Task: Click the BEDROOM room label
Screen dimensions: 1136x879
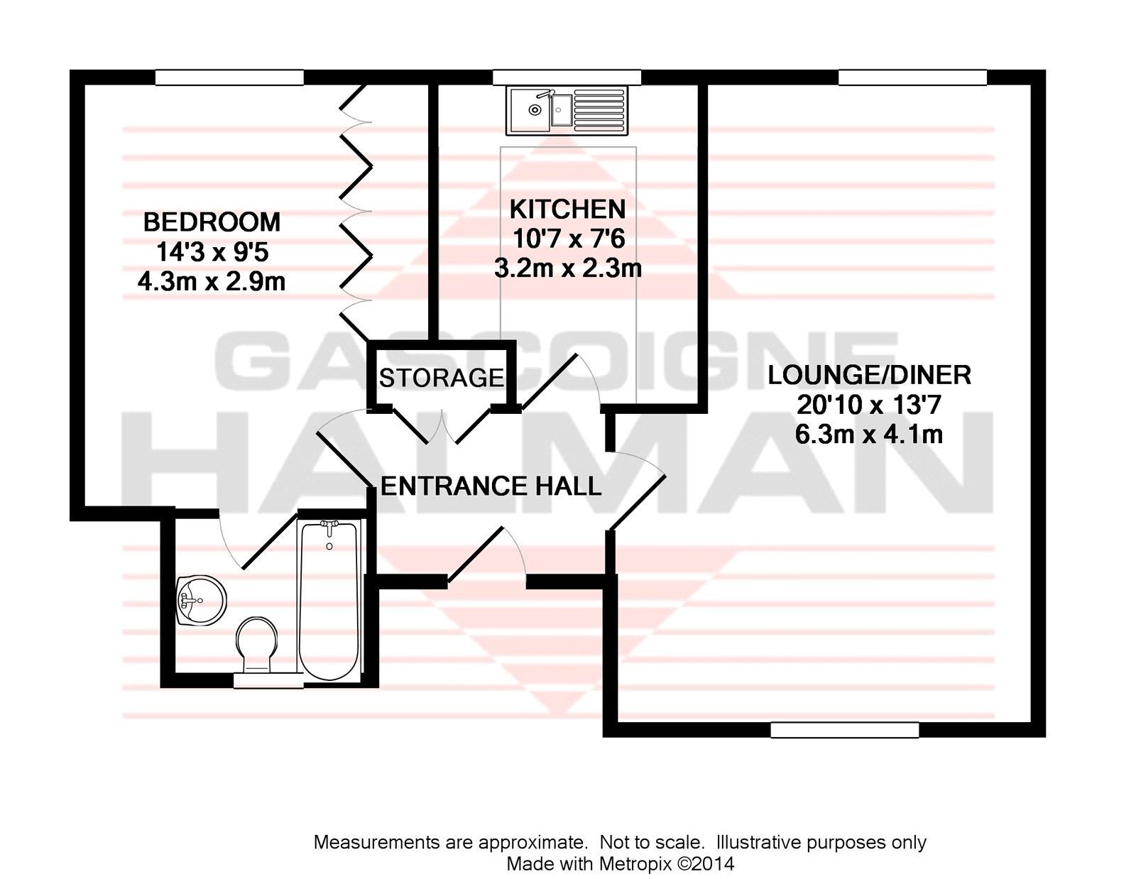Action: pos(212,222)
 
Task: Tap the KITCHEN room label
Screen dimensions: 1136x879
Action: pos(568,209)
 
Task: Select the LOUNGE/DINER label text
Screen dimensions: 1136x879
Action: pos(869,375)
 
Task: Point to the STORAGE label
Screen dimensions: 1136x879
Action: pos(442,377)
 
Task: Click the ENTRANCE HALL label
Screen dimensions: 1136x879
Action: pos(491,486)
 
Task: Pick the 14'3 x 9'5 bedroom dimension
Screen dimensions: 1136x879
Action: pos(212,253)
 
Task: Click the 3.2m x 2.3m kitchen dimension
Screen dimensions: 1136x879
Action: pos(568,269)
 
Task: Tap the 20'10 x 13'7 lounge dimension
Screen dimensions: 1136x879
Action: pos(870,405)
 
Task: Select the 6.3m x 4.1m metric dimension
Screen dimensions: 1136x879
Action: pos(869,435)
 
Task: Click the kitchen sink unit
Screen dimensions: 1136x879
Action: pos(568,110)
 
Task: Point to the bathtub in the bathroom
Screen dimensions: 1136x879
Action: pos(329,599)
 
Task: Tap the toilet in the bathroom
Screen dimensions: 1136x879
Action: pos(257,646)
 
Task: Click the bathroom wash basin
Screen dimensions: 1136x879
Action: pos(202,601)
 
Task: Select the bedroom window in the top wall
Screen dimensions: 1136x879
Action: pos(229,77)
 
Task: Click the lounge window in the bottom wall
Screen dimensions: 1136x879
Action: pos(845,730)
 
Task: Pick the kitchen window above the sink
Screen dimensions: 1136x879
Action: pos(567,77)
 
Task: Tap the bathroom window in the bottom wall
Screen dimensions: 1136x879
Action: pos(268,680)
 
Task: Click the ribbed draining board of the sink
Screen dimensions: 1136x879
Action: pos(600,110)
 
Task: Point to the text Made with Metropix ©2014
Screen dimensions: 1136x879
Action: pos(621,863)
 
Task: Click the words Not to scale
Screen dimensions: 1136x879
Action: pos(650,842)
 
